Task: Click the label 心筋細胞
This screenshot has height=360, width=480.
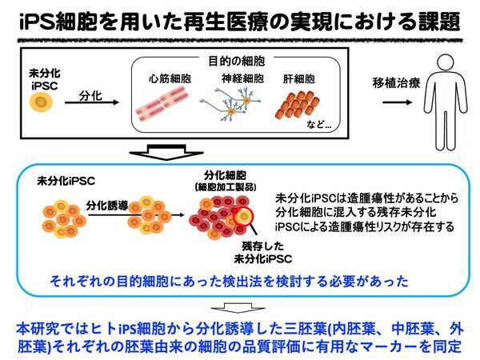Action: click(x=170, y=79)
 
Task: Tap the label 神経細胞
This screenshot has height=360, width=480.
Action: click(x=242, y=78)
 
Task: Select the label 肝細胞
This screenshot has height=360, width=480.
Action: click(x=298, y=79)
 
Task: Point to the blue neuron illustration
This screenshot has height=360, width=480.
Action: click(x=230, y=104)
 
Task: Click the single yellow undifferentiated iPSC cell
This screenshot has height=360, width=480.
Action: click(x=41, y=102)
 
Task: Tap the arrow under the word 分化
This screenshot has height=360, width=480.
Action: click(x=91, y=102)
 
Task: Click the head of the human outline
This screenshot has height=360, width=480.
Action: click(x=446, y=62)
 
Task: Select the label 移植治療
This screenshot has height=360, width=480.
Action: click(x=397, y=83)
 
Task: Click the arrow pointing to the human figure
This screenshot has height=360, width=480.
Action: click(x=398, y=102)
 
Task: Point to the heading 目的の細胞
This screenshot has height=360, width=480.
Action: click(x=237, y=62)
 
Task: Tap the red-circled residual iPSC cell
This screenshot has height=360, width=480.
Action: click(x=244, y=217)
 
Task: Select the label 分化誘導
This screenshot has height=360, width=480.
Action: click(x=107, y=206)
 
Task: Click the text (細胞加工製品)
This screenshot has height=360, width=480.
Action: click(x=226, y=186)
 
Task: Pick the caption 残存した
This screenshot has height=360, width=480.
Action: click(x=263, y=246)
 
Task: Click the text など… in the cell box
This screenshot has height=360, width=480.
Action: click(x=319, y=124)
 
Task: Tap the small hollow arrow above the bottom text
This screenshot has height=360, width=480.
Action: click(x=238, y=308)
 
